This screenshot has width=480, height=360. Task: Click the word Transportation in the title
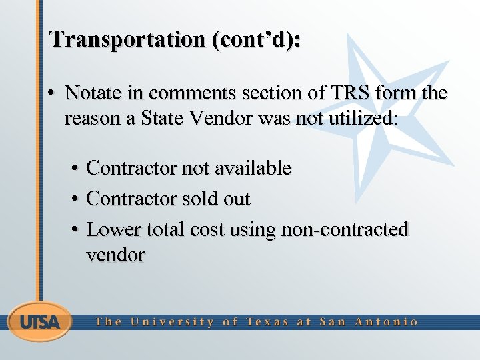(x=127, y=39)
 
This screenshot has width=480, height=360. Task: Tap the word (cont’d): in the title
(x=255, y=39)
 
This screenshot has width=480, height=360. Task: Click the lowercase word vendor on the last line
(x=115, y=255)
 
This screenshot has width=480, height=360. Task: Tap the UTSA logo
(x=39, y=322)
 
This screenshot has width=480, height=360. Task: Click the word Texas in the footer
(x=267, y=322)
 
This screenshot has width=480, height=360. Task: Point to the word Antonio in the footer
(x=386, y=322)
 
